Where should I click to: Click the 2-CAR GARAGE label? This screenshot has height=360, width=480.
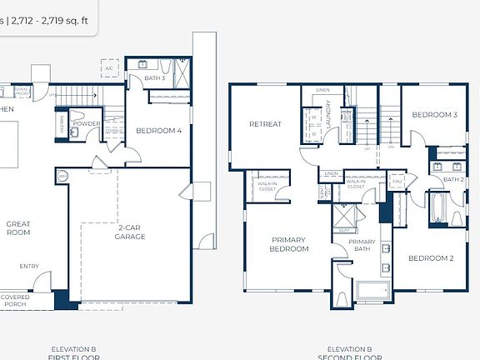point(130,232)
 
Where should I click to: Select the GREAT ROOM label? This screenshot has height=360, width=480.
point(17,227)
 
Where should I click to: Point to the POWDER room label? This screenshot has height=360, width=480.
point(86,123)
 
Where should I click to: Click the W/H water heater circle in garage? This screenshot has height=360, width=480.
point(62,176)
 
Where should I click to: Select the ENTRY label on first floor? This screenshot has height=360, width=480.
point(29,267)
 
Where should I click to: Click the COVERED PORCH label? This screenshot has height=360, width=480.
point(14,300)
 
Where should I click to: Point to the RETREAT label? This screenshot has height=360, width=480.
point(265,124)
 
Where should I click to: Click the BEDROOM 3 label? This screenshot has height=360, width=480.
point(434,114)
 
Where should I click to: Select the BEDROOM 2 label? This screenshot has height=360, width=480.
point(430,258)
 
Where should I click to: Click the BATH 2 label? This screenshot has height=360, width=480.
point(452,179)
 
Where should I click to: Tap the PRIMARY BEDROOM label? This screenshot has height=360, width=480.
point(289,244)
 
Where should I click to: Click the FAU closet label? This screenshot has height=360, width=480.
point(397,180)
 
